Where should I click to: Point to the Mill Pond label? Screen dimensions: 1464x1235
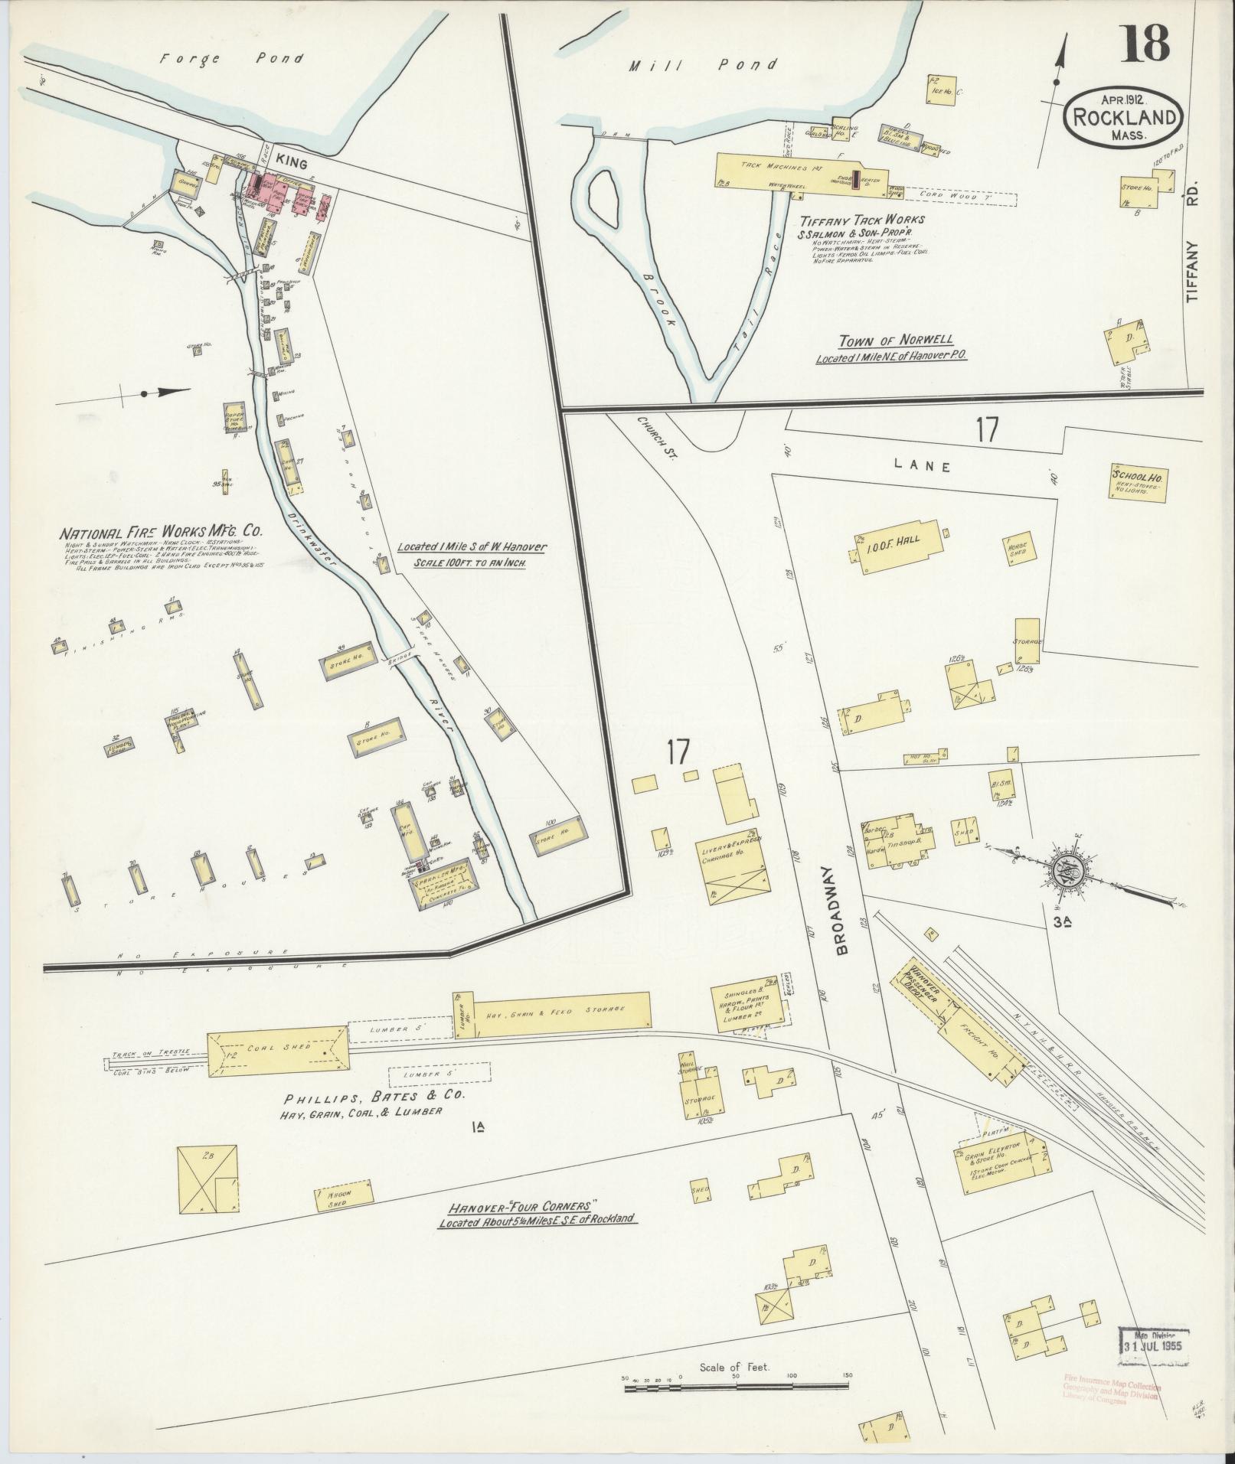(702, 66)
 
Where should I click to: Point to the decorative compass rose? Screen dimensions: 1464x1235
(1066, 868)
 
